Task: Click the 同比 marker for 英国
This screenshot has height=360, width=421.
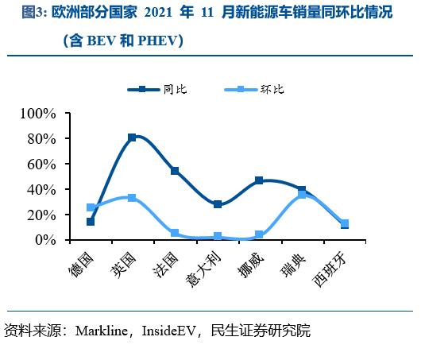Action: click(132, 137)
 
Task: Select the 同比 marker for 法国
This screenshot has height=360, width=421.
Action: click(175, 171)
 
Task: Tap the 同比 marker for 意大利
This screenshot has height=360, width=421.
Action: click(217, 204)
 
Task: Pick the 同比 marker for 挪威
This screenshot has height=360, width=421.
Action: click(259, 180)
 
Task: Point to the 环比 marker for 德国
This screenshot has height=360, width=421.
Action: click(91, 207)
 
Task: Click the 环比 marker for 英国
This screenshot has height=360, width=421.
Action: click(132, 198)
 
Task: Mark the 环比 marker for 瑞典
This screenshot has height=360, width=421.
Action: click(302, 194)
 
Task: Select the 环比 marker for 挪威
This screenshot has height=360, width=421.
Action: click(259, 234)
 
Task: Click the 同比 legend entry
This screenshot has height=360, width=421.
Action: click(160, 89)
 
